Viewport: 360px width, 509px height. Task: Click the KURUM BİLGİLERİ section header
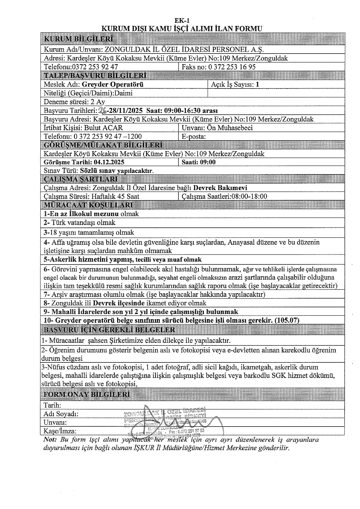[78, 39]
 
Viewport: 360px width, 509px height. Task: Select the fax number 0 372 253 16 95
[232, 67]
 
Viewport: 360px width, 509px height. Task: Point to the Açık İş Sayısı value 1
[257, 85]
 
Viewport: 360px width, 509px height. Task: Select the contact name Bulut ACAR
[103, 128]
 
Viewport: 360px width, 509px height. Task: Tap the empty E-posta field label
[194, 137]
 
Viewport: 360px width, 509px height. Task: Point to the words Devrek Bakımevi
[220, 188]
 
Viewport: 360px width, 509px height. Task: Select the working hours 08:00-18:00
[249, 196]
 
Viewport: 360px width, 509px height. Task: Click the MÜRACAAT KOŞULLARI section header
[88, 205]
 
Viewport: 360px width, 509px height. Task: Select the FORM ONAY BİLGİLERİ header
[87, 394]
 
